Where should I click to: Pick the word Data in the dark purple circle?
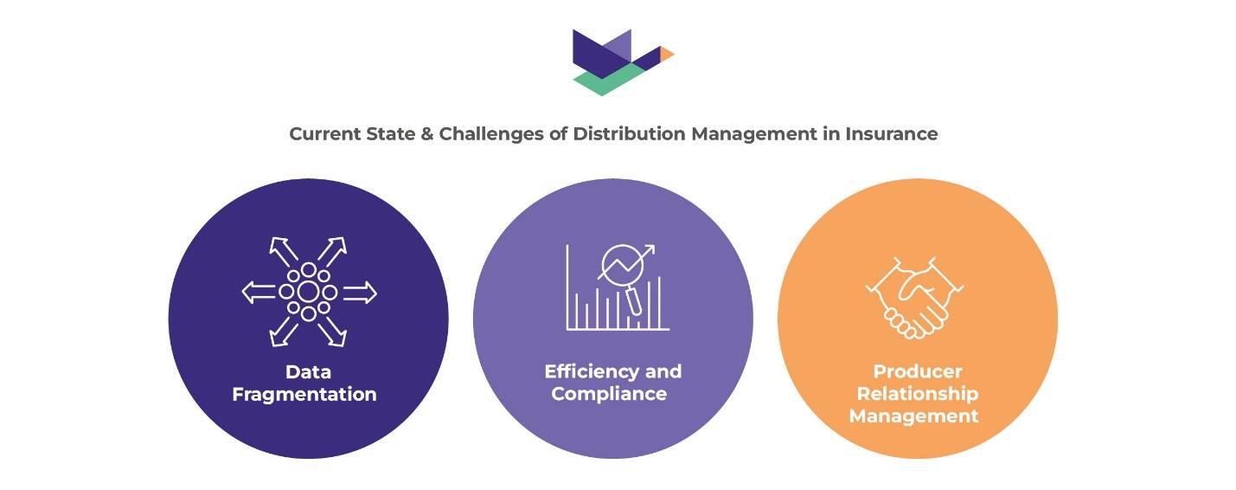tap(309, 372)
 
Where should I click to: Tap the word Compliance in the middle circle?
tap(609, 394)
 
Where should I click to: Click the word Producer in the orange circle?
tap(918, 372)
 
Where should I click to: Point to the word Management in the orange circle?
tap(914, 416)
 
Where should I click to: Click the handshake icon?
tap(915, 297)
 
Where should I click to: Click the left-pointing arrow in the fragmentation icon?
tap(258, 293)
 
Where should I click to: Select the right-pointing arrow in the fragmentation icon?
tap(361, 293)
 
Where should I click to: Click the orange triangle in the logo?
tap(666, 54)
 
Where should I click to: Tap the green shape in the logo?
tap(605, 81)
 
